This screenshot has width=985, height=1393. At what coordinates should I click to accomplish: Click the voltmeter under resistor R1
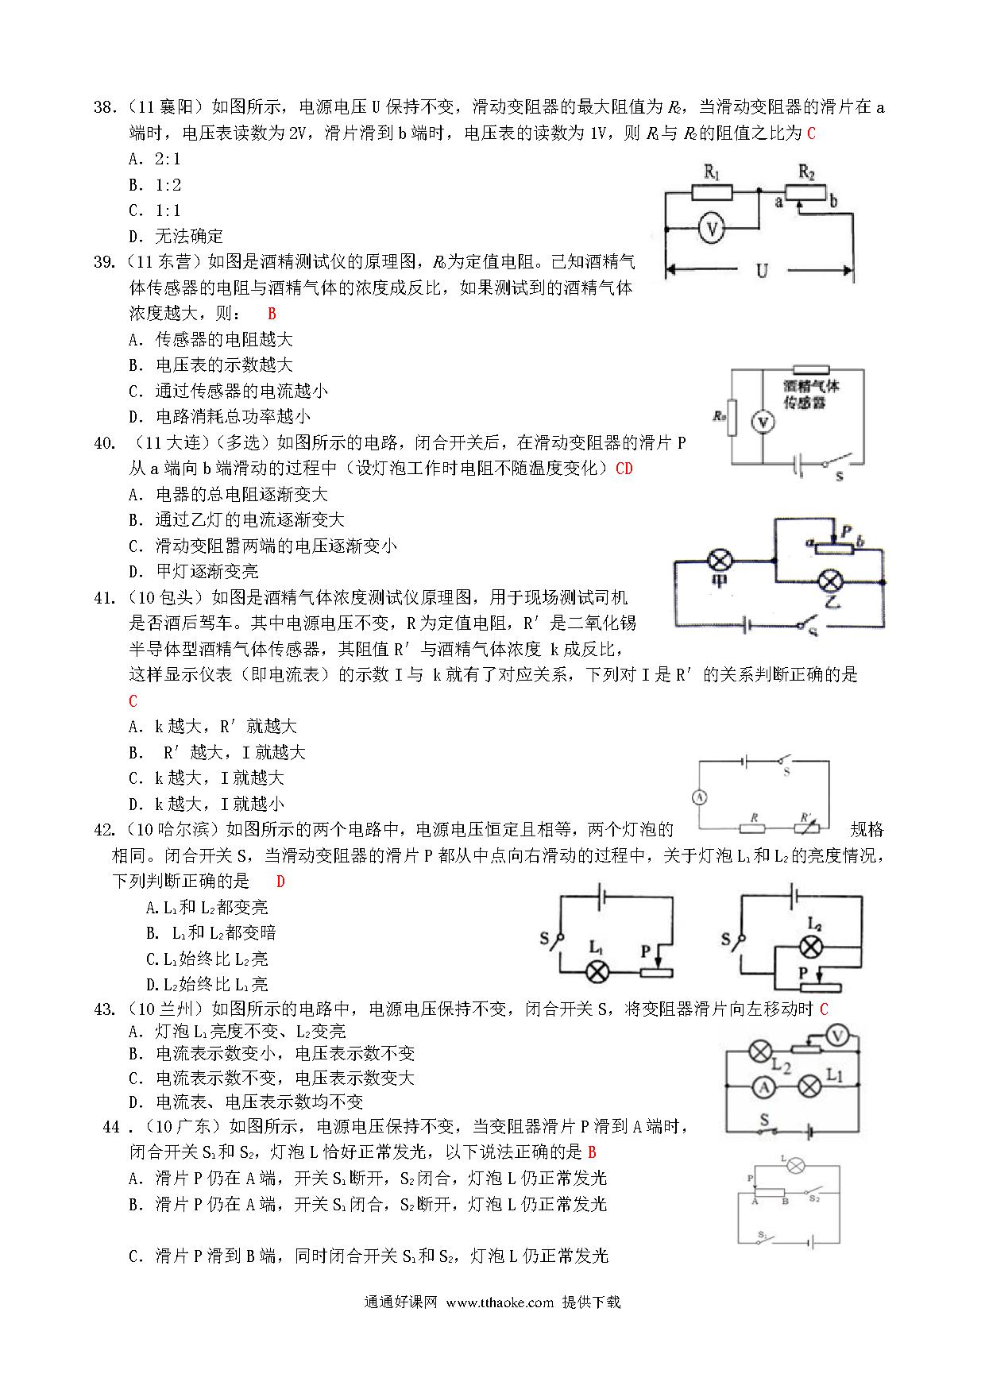tap(713, 230)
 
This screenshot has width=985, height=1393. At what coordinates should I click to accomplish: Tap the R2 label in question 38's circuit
tap(806, 172)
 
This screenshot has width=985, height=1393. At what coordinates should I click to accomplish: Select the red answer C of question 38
tap(811, 133)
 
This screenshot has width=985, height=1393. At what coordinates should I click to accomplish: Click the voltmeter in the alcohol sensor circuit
tap(763, 422)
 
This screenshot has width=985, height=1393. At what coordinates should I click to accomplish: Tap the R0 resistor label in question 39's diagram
tap(719, 415)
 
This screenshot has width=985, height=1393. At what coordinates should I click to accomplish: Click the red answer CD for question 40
tap(624, 469)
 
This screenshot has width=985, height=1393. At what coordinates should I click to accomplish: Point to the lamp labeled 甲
tap(720, 561)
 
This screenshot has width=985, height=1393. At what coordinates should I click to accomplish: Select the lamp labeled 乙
tap(830, 581)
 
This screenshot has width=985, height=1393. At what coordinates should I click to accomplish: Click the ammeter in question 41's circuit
tap(700, 797)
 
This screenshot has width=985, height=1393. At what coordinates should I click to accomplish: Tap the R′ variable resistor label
tap(807, 816)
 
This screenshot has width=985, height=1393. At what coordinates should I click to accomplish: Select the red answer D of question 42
tap(280, 882)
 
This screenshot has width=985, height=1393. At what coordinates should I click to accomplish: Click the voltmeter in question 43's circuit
tap(837, 1036)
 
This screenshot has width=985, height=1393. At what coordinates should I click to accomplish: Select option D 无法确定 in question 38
tap(176, 236)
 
